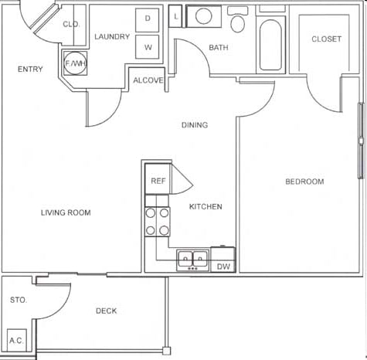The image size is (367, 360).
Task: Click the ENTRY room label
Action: (29, 70)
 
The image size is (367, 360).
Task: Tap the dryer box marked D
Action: (148, 18)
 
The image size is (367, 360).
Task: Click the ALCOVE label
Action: (148, 80)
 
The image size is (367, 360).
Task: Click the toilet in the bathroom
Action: (239, 21)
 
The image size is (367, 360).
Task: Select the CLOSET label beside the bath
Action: (326, 39)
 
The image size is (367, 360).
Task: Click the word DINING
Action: (195, 125)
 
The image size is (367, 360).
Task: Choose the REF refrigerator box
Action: (158, 181)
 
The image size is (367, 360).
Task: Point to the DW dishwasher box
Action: (223, 267)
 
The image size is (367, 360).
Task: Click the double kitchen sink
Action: (192, 258)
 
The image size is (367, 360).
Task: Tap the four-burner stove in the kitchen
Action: (158, 221)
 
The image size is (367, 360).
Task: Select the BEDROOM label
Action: (304, 182)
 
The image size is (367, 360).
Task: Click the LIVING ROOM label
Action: (66, 212)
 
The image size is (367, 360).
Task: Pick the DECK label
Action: (106, 311)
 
